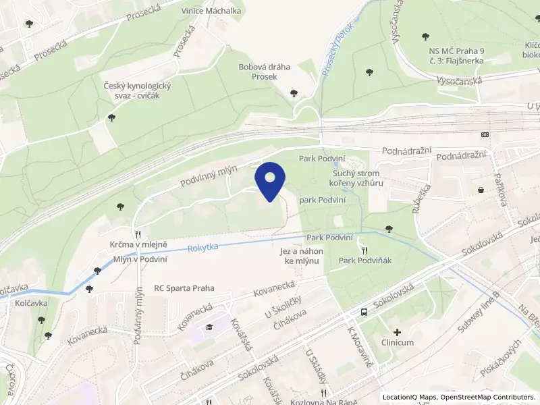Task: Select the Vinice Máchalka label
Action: pos(211,11)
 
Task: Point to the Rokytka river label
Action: pos(203,248)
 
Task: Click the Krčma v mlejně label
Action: pos(139,244)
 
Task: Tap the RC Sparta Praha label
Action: pos(184,288)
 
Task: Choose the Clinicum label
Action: pos(397,343)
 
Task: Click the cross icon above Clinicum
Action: pos(397,332)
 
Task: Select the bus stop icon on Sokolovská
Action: pos(364,313)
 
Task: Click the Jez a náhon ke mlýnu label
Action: pos(302,256)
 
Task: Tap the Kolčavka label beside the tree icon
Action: pos(32,303)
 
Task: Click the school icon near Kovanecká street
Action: pos(209,327)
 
